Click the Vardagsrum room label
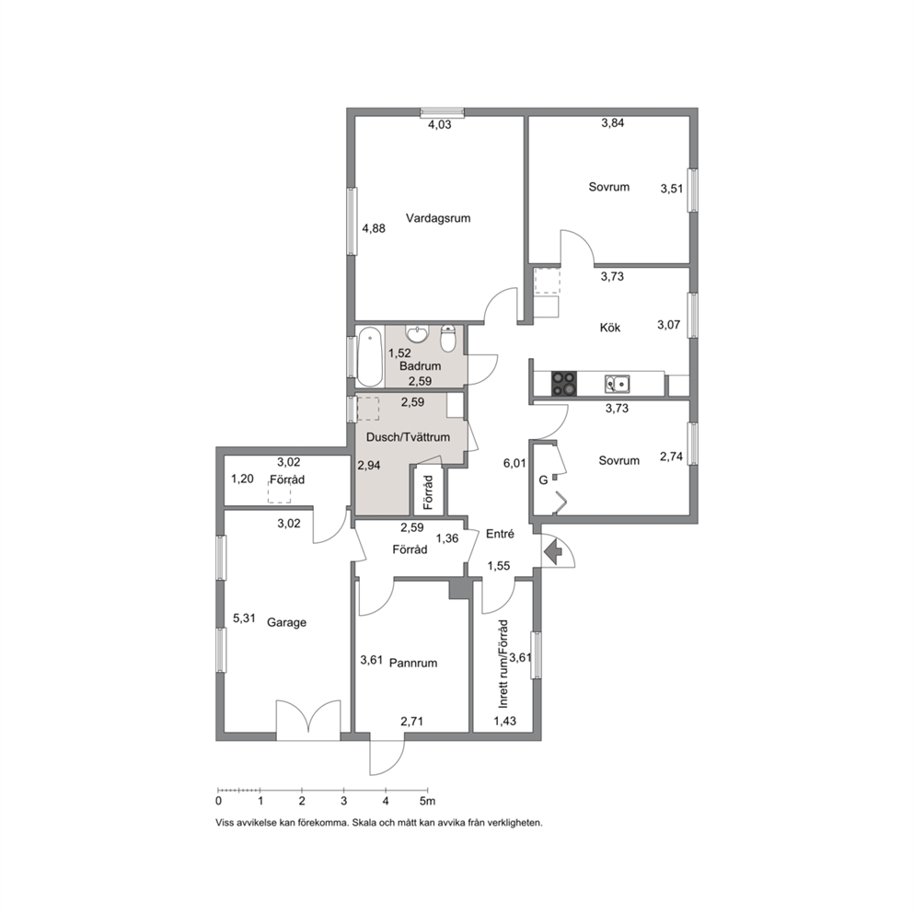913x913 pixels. tap(438, 218)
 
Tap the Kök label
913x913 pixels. tap(609, 328)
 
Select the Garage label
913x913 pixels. tap(286, 622)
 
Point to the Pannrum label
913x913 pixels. tap(413, 664)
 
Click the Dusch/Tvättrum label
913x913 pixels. tap(408, 437)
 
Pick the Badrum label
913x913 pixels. tap(420, 366)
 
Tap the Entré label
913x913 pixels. tap(500, 534)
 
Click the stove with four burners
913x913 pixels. tap(563, 384)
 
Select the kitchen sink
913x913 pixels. tap(618, 384)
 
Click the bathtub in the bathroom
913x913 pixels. tap(369, 357)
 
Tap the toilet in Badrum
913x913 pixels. tap(448, 339)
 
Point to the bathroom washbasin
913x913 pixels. tap(418, 334)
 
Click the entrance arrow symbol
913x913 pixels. tap(552, 550)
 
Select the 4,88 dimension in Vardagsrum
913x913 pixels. tap(374, 229)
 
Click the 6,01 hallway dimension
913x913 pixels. tap(514, 464)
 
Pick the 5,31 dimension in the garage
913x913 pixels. tap(245, 618)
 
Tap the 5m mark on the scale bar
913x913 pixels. tap(428, 802)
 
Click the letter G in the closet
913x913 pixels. tap(543, 481)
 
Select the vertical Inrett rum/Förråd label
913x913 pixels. tap(503, 664)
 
